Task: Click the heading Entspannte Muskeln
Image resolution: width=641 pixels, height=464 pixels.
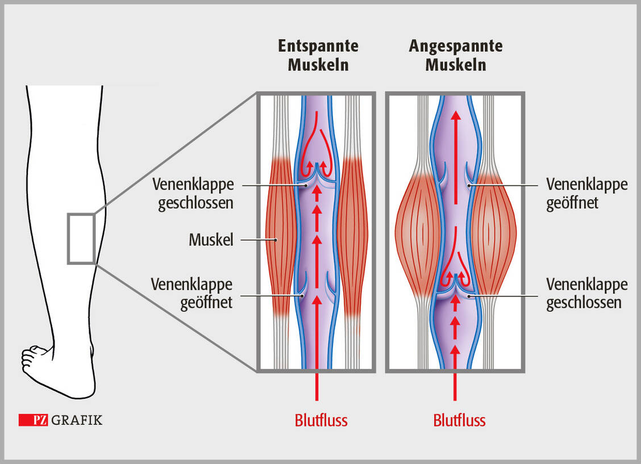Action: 318,55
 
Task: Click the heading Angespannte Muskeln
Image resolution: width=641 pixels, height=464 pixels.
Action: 456,55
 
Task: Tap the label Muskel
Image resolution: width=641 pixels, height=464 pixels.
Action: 211,240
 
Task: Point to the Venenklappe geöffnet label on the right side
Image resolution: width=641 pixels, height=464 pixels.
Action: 587,194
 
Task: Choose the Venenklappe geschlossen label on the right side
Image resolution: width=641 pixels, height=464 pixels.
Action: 587,293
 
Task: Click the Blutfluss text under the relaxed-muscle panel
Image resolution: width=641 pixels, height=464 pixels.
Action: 320,421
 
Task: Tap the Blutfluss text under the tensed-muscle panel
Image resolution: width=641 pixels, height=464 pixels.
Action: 459,421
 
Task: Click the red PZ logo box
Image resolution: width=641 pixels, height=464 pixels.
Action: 33,420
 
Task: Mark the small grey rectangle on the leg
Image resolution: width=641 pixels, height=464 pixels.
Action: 81,239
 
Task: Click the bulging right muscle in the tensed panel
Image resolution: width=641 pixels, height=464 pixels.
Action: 493,233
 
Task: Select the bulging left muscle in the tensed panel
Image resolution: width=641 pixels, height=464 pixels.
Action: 418,233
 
